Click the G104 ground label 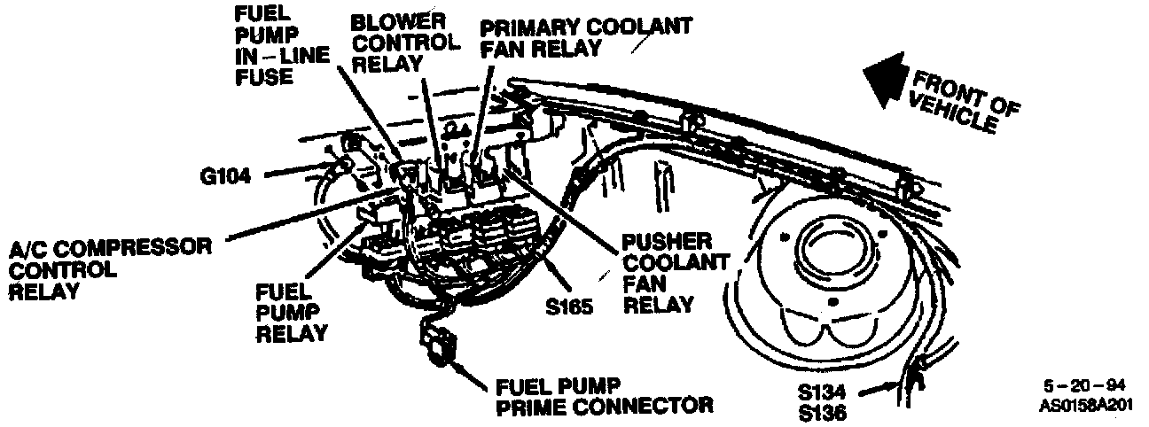[225, 175]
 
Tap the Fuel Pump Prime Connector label [604, 395]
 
